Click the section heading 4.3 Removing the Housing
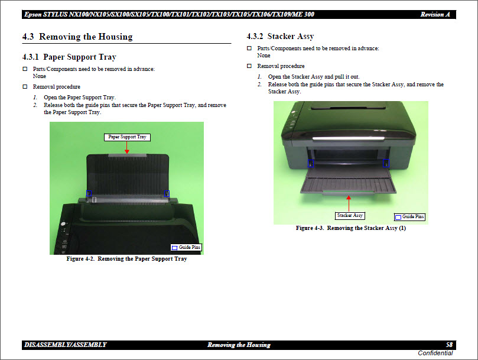(x=77, y=37)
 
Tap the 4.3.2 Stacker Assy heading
(x=280, y=37)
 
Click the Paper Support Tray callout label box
(x=127, y=137)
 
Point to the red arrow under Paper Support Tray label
(x=127, y=147)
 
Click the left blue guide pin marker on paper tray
(x=89, y=193)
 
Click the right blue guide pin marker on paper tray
(x=167, y=193)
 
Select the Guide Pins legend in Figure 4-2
(x=186, y=247)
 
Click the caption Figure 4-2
(x=126, y=259)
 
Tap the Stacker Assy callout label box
(x=350, y=215)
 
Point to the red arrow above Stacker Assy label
(x=350, y=203)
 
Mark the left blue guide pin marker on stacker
(x=311, y=163)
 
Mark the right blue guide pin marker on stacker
(x=386, y=163)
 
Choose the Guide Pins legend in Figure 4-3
(x=409, y=217)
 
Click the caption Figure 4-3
(x=351, y=228)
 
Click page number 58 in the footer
(x=449, y=345)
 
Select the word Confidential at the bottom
(x=435, y=353)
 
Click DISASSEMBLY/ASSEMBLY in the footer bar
(x=66, y=345)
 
